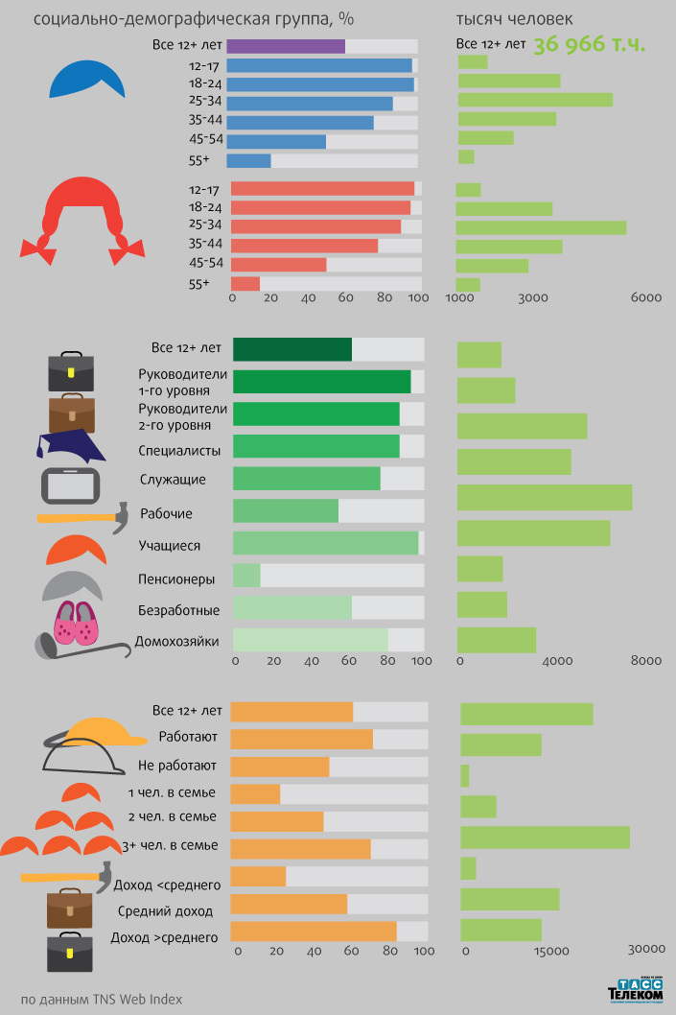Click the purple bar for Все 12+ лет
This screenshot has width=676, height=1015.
point(286,46)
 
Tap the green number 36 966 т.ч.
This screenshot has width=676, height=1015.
point(589,44)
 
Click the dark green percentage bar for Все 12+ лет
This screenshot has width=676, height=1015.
point(291,349)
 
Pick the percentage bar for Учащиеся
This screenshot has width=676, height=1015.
point(325,543)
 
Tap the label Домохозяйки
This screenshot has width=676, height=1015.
point(177,641)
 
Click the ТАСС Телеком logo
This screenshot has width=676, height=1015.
point(636,992)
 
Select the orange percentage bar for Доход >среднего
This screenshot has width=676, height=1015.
point(313,932)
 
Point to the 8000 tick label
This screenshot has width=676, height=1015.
point(646,661)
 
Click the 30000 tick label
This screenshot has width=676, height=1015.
point(646,949)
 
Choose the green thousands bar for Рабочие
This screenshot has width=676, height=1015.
point(544,497)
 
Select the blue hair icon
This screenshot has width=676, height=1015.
point(87,80)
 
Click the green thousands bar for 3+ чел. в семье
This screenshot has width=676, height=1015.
point(545,837)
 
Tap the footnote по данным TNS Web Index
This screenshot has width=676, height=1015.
point(102,999)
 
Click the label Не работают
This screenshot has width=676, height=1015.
point(177,766)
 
